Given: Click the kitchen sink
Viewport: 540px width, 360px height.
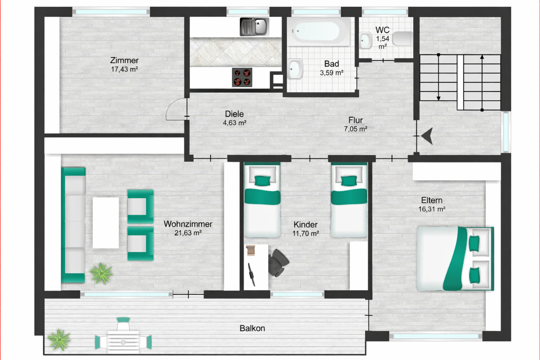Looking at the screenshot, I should [254, 27].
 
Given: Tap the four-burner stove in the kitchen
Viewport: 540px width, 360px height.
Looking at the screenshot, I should [242, 77].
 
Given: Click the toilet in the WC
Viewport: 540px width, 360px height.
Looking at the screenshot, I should [402, 38].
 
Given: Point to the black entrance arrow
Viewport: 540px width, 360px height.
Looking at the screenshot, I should [427, 136].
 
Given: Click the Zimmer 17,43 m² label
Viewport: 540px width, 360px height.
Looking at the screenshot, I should [124, 64].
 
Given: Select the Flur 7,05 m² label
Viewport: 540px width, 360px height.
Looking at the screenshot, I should [355, 124].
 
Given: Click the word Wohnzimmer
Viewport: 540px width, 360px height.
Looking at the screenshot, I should [188, 224].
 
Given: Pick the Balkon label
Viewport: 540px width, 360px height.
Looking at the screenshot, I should [252, 328].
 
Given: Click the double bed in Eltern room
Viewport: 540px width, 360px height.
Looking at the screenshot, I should [455, 259].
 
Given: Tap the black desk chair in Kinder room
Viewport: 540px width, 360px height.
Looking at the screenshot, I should [278, 262].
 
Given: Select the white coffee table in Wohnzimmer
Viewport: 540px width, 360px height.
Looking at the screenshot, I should [106, 223].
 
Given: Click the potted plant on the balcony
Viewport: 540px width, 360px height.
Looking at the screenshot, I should [59, 339].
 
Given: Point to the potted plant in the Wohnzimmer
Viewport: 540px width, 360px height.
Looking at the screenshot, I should [101, 273].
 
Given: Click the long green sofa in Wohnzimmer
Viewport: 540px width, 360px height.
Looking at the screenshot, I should [73, 225].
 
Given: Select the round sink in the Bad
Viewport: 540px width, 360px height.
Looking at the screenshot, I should [295, 69].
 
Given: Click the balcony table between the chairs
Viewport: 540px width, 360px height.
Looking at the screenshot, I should [123, 341].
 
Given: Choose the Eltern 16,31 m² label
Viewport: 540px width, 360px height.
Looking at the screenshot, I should [432, 204].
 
